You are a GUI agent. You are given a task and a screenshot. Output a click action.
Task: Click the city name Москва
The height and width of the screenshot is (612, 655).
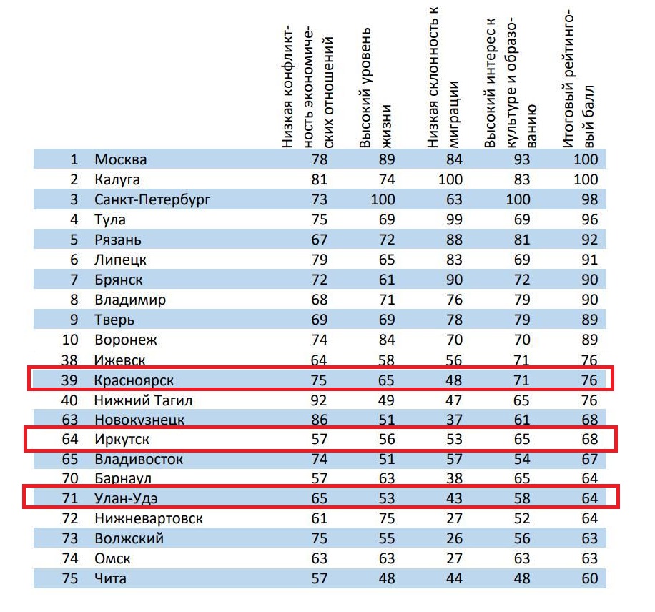click(121, 159)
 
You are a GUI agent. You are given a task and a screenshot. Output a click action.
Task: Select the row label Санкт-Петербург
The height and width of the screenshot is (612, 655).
click(152, 199)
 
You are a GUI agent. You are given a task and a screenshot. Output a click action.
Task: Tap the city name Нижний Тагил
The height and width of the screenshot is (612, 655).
click(143, 400)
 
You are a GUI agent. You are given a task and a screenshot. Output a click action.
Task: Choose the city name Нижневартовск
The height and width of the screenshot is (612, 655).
click(149, 518)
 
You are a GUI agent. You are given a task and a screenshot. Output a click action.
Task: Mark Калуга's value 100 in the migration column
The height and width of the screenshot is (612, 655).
click(450, 179)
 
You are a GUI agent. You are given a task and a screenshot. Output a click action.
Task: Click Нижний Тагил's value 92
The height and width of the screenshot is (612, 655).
click(319, 400)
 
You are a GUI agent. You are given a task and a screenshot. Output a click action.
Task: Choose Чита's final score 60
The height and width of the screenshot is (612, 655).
click(590, 578)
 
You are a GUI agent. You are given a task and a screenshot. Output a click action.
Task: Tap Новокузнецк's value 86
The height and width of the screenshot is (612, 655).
click(319, 420)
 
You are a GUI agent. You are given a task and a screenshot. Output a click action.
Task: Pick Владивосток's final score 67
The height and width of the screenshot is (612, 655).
click(590, 458)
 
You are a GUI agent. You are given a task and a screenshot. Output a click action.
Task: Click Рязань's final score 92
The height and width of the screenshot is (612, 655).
click(590, 240)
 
